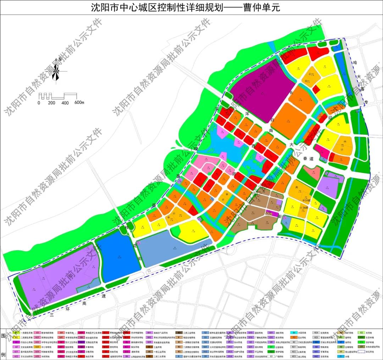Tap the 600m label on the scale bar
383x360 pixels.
pyautogui.click(x=79, y=103)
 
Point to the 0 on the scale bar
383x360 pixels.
pyautogui.click(x=39, y=103)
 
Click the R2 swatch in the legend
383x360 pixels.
pyautogui.click(x=16, y=338)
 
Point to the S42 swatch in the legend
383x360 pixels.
pyautogui.click(x=205, y=351)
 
